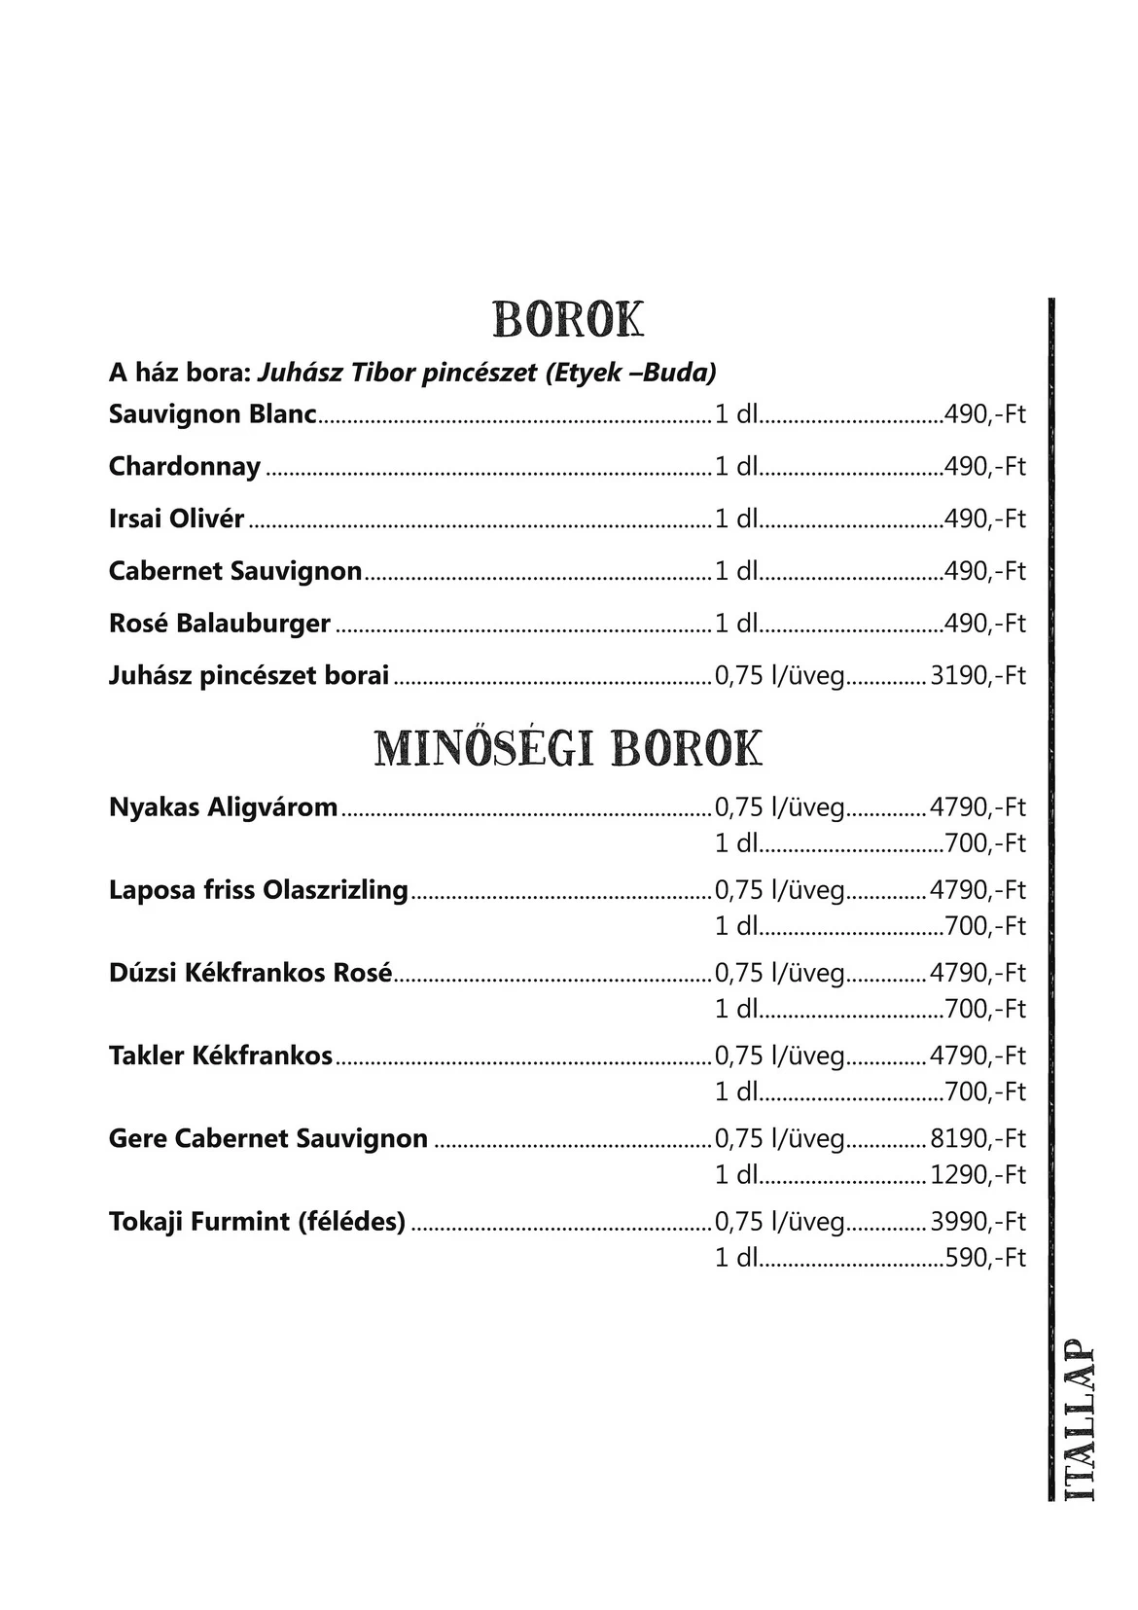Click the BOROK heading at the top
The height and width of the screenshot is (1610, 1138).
point(568,319)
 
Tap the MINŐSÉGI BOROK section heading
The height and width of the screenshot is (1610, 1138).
point(568,748)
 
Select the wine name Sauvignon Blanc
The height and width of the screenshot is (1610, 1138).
point(213,414)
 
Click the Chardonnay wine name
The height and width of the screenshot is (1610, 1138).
point(185,466)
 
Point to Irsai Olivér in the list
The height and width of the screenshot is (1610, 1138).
point(176,519)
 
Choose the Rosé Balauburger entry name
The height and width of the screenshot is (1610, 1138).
point(220,623)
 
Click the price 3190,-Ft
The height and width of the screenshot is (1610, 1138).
point(978,675)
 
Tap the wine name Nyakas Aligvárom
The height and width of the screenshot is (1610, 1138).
point(224,806)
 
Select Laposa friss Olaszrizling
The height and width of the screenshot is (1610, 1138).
point(259,889)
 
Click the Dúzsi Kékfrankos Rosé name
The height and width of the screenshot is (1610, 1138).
point(251,972)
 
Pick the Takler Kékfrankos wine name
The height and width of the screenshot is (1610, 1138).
point(221,1055)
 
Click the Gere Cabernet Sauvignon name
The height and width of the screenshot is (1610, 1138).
point(268,1137)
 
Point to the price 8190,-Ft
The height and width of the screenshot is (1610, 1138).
point(978,1138)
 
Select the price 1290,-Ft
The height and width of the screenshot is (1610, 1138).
point(978,1174)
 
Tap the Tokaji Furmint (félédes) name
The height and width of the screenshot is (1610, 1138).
point(257,1220)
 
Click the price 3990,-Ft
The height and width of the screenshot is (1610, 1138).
point(978,1221)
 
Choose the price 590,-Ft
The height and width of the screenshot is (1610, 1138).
point(985,1257)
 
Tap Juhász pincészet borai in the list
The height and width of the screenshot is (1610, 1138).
point(249,675)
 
